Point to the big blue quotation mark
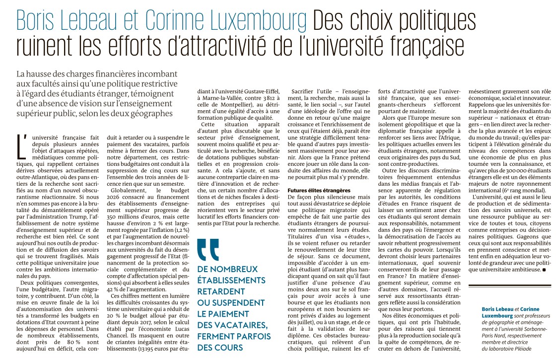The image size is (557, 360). (x=208, y=250)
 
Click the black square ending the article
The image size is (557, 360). (x=544, y=270)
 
